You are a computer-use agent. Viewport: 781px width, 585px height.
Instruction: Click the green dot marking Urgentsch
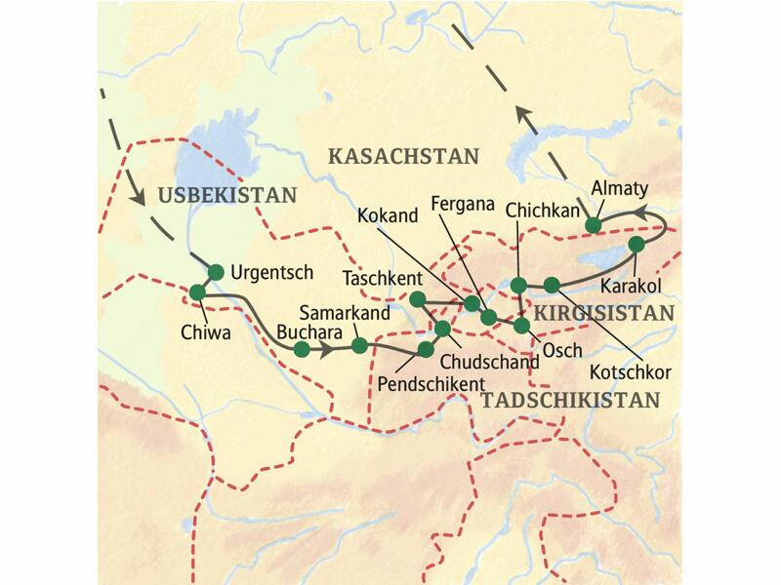pos(217,271)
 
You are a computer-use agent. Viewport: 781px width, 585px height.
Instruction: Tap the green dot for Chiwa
pos(198,292)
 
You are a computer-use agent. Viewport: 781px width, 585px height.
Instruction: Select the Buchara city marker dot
pos(303,348)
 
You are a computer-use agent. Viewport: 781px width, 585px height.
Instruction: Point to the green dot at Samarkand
pos(359,345)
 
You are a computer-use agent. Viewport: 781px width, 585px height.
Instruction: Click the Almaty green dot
pos(593,226)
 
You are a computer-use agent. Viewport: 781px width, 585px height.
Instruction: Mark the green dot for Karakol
pos(637,244)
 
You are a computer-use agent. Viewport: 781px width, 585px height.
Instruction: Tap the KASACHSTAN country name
pos(404,156)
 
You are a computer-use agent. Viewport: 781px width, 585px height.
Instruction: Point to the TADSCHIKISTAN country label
pos(570,399)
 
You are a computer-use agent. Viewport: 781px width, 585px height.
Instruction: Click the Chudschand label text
pos(496,361)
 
